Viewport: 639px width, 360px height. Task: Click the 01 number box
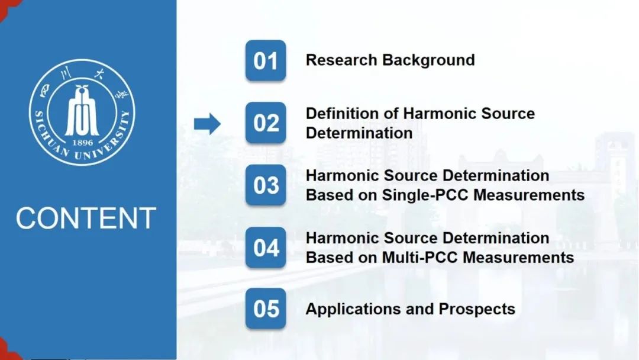point(266,60)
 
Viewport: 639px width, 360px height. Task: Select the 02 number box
point(266,123)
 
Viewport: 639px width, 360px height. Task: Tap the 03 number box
point(266,185)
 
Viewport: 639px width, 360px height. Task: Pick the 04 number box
point(266,247)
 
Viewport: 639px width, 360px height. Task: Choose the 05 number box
point(266,308)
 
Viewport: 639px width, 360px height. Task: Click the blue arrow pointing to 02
point(208,124)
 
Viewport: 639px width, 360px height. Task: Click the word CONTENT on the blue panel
point(86,218)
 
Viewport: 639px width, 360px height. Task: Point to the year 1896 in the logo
point(82,143)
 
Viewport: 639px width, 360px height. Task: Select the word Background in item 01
point(428,60)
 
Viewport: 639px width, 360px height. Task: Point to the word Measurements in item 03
point(529,195)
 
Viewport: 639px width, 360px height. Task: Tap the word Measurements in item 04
point(518,257)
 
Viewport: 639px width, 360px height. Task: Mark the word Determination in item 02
point(359,133)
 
